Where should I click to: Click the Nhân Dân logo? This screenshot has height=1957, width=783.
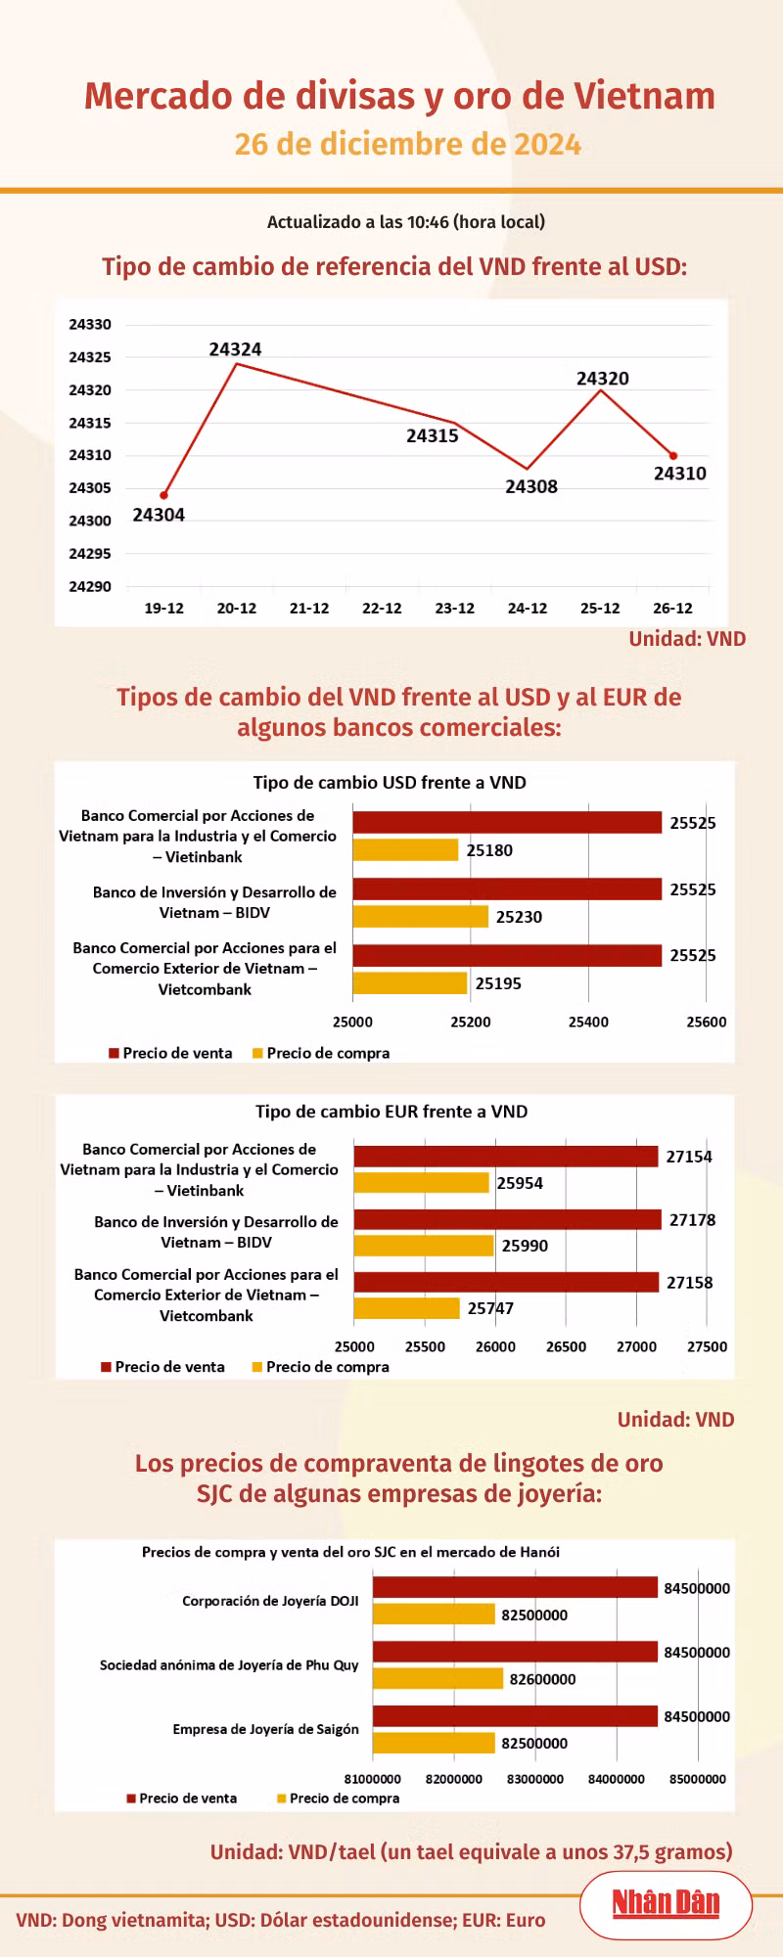pyautogui.click(x=666, y=1903)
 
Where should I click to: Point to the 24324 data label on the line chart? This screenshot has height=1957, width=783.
pyautogui.click(x=235, y=349)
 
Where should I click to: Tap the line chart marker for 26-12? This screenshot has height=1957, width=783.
pyautogui.click(x=673, y=456)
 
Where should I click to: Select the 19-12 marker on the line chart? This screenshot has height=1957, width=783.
pyautogui.click(x=163, y=495)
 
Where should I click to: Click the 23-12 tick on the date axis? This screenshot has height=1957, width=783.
pyautogui.click(x=454, y=609)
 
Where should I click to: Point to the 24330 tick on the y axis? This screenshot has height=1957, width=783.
pyautogui.click(x=90, y=324)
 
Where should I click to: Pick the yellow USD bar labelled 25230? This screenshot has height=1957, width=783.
pyautogui.click(x=421, y=916)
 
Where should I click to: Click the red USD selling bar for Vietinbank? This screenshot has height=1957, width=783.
pyautogui.click(x=507, y=822)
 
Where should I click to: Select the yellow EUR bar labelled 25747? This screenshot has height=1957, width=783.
pyautogui.click(x=407, y=1308)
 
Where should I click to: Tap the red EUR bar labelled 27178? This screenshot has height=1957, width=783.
pyautogui.click(x=508, y=1219)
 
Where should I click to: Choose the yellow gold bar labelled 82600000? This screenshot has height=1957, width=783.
pyautogui.click(x=438, y=1678)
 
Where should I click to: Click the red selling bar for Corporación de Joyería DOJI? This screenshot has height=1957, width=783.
pyautogui.click(x=515, y=1587)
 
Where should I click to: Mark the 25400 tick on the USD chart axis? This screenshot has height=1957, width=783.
pyautogui.click(x=588, y=1022)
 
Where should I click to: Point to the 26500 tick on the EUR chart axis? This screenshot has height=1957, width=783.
pyautogui.click(x=566, y=1346)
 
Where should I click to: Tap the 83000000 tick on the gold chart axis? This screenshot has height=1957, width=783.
pyautogui.click(x=535, y=1779)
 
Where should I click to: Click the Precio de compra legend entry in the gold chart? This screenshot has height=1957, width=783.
pyautogui.click(x=338, y=1798)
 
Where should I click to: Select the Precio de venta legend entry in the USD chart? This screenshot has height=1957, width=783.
pyautogui.click(x=170, y=1053)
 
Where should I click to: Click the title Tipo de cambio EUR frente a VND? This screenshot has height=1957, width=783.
pyautogui.click(x=391, y=1112)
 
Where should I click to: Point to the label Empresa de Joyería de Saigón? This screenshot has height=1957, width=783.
pyautogui.click(x=266, y=1729)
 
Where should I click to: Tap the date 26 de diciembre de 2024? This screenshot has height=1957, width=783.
pyautogui.click(x=408, y=145)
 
